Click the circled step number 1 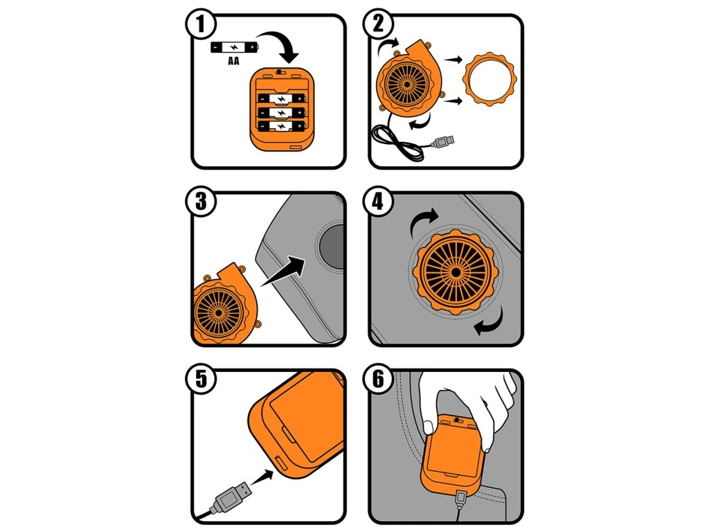tap(200, 24)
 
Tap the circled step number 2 tap(377, 24)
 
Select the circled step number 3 tap(200, 202)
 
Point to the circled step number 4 tap(377, 202)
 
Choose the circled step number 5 tap(200, 379)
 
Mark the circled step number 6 tap(377, 379)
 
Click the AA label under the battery tap(233, 61)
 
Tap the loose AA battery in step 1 tap(234, 47)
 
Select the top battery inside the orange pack tap(281, 98)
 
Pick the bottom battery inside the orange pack tap(281, 126)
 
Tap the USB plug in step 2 tap(443, 142)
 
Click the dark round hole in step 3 tap(332, 246)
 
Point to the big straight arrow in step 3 tap(283, 271)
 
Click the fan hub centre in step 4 tap(456, 272)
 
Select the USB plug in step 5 tap(231, 497)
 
